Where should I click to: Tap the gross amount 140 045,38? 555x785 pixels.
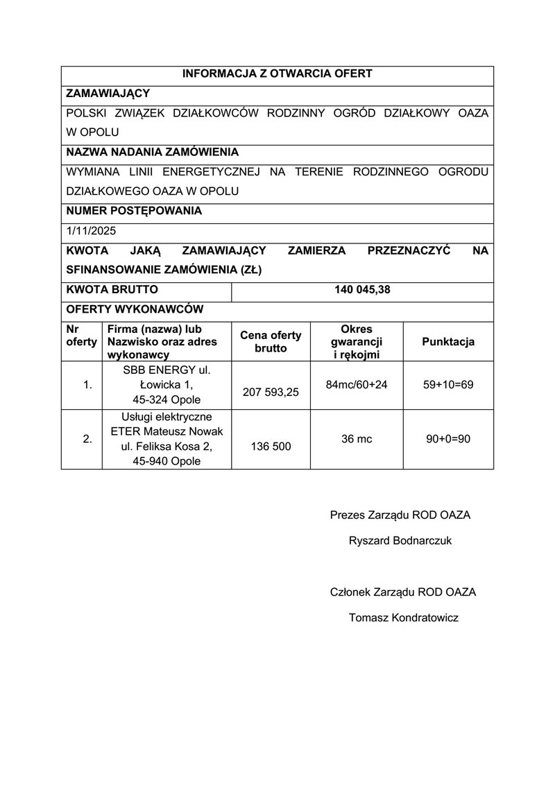(x=362, y=290)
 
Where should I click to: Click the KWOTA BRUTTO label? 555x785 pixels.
(x=112, y=290)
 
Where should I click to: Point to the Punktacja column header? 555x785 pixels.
(x=448, y=342)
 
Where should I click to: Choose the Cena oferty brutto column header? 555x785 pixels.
(x=271, y=342)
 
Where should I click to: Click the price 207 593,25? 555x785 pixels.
(x=271, y=392)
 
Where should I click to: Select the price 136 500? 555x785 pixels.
(x=271, y=447)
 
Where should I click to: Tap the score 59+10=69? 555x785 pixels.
(x=448, y=383)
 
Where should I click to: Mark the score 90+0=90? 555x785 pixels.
(x=448, y=438)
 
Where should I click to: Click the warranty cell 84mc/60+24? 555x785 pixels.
(x=356, y=383)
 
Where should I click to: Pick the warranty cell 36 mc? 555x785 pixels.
(x=356, y=438)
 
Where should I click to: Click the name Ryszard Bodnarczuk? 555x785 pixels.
(x=400, y=540)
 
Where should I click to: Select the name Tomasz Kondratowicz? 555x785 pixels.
(x=404, y=617)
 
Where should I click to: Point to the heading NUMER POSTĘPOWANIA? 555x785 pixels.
(x=134, y=211)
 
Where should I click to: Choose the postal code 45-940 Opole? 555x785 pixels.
(x=166, y=460)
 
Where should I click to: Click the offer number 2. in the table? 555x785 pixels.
(x=87, y=438)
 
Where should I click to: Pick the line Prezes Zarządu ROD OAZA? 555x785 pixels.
(x=400, y=515)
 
